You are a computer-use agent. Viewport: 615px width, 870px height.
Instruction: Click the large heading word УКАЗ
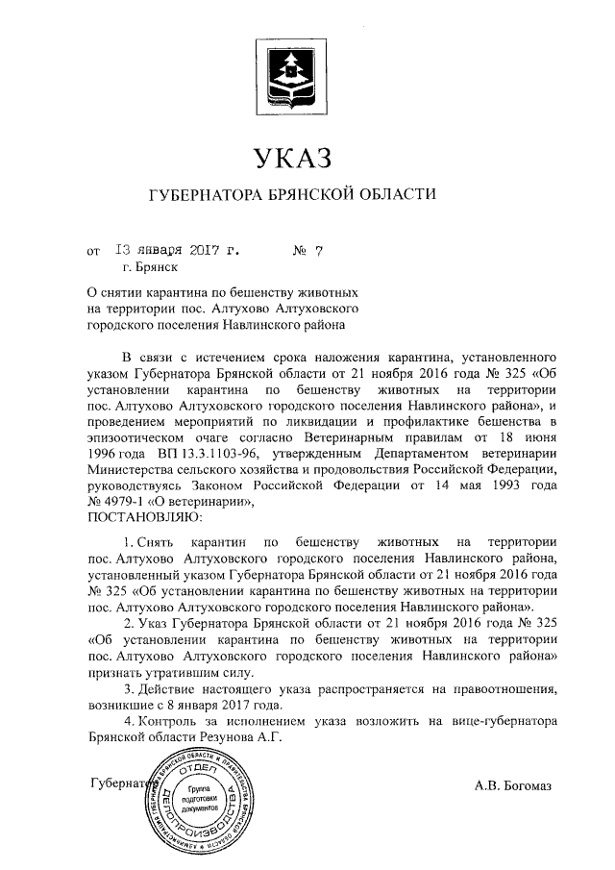[295, 156]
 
